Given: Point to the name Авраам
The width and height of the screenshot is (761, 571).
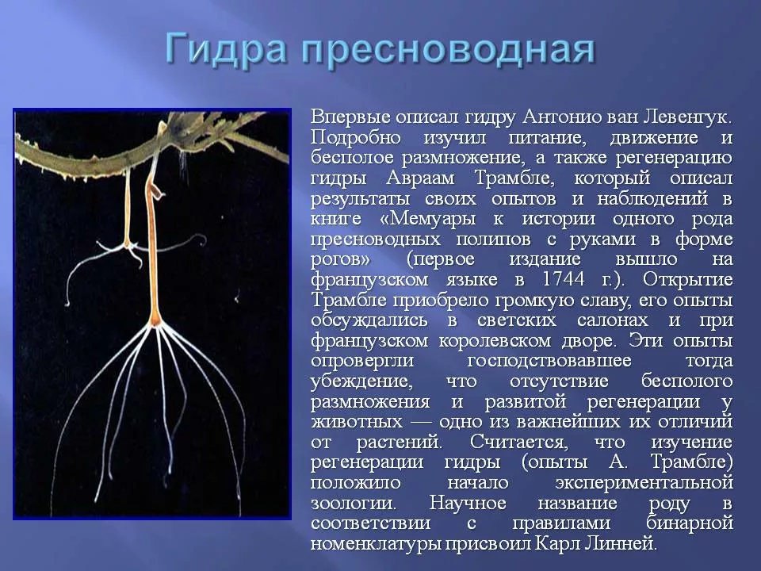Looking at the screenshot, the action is click(x=420, y=178).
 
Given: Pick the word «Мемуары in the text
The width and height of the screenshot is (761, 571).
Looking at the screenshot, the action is click(x=427, y=219).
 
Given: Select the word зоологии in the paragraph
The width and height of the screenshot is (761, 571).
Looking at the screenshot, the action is click(x=353, y=503).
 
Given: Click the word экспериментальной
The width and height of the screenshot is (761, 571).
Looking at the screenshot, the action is click(x=644, y=482).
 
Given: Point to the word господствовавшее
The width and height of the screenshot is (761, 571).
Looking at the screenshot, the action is click(x=549, y=360).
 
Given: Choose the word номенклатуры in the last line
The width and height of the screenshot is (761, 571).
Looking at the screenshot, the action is click(x=375, y=543).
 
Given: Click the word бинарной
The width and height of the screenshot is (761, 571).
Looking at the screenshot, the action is click(x=689, y=523).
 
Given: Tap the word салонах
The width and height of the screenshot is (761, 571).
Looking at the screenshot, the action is click(x=612, y=320).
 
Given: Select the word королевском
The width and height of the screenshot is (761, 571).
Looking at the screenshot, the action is click(x=495, y=340).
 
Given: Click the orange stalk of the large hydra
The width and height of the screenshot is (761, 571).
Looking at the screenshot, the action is click(x=152, y=252).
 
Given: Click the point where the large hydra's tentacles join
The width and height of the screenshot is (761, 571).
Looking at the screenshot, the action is click(x=156, y=324).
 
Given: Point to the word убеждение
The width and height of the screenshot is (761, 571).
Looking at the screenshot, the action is click(x=361, y=381).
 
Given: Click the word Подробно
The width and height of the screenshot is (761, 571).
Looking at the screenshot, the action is click(x=356, y=138).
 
